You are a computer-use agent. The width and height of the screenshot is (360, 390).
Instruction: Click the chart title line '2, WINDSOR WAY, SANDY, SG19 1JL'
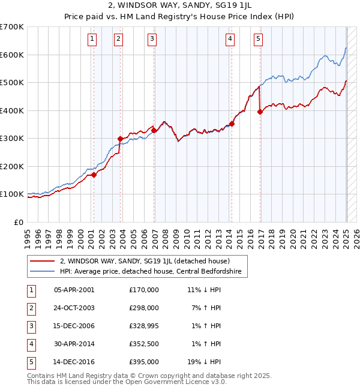[180, 7]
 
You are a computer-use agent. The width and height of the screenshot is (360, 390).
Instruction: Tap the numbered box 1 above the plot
[92, 40]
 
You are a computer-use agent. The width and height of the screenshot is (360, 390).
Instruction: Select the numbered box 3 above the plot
[152, 40]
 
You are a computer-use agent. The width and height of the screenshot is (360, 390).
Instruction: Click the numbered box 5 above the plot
[258, 40]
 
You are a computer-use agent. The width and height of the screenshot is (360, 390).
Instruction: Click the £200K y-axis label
[13, 166]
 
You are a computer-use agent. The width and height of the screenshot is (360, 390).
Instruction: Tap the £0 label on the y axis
[19, 222]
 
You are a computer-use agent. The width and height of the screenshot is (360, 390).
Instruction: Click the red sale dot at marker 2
[120, 139]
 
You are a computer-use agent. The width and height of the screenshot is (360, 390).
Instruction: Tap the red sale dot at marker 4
[232, 124]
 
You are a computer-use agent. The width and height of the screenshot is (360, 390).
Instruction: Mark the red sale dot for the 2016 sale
[260, 112]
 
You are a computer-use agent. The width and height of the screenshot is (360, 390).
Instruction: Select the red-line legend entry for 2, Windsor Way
[145, 260]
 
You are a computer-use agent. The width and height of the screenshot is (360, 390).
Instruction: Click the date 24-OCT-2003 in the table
[74, 308]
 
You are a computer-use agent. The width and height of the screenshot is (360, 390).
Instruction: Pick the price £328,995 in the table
[143, 326]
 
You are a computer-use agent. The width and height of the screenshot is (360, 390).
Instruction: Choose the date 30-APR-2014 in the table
[74, 344]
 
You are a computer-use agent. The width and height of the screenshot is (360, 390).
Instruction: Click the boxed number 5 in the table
[31, 362]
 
